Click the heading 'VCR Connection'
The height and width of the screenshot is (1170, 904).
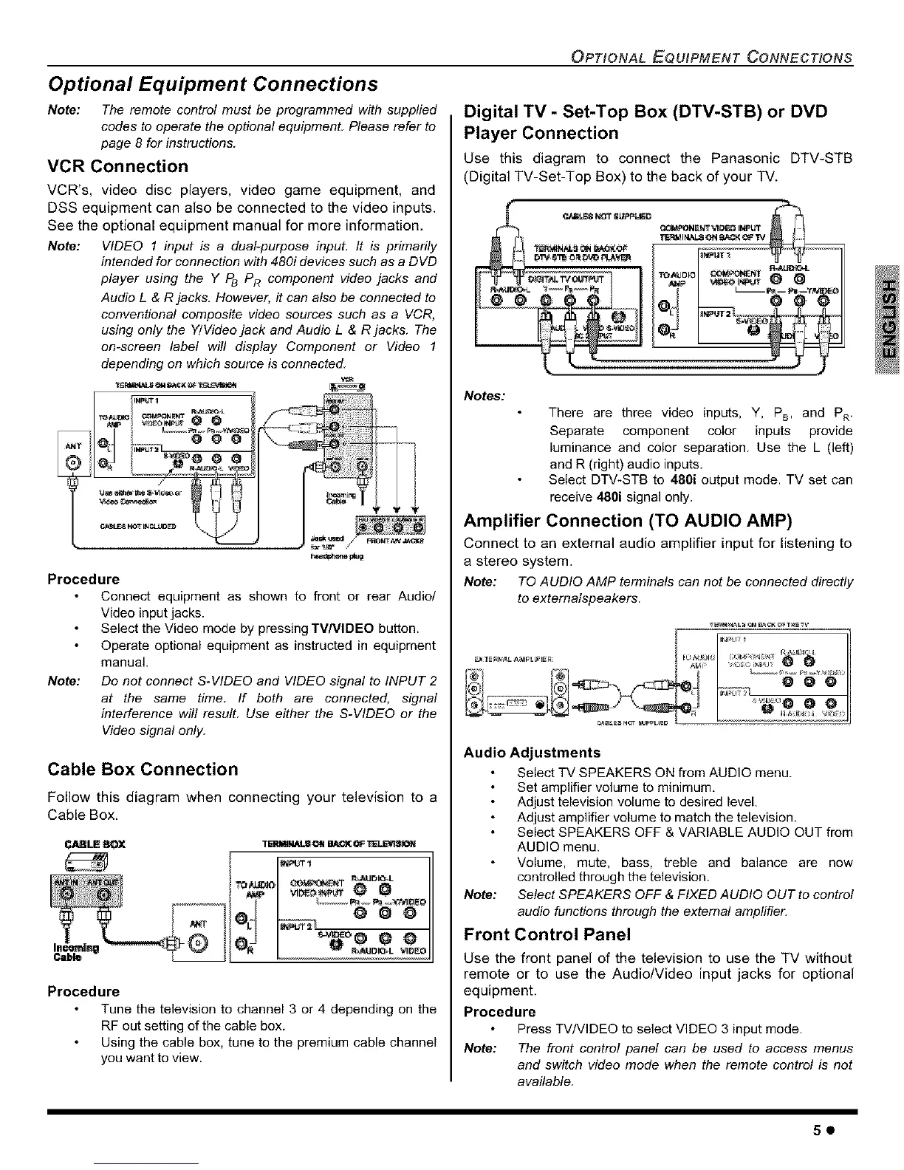click(x=117, y=166)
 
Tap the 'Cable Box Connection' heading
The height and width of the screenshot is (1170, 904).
click(x=143, y=769)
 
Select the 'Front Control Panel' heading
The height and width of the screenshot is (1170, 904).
click(x=547, y=934)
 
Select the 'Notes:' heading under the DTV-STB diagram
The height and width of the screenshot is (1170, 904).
click(x=484, y=396)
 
